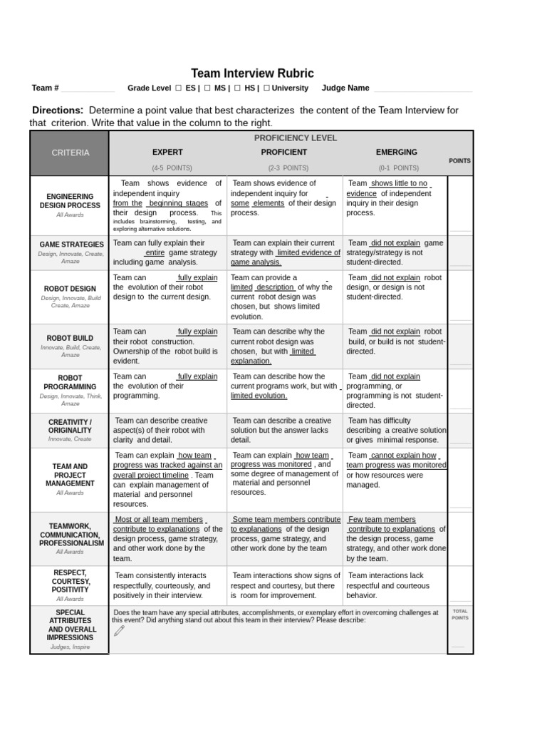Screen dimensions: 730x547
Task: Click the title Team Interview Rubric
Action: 252,73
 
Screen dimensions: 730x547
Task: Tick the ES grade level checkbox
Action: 178,88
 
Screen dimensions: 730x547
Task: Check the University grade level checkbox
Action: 266,88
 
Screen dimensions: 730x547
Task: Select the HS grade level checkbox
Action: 236,88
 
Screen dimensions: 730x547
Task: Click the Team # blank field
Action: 87,89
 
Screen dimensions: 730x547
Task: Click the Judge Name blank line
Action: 422,89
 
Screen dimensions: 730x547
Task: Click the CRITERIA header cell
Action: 69,153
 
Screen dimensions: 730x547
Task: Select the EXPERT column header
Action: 167,153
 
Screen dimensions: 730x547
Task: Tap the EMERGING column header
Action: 396,153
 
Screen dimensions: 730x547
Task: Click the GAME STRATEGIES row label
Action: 71,245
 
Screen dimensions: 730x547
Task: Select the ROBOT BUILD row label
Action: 70,339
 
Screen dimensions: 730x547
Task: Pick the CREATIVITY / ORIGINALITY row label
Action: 70,426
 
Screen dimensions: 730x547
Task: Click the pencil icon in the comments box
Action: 119,631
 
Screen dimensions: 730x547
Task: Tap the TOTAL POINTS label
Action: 460,615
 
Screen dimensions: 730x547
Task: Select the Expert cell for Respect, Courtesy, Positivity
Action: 167,585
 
